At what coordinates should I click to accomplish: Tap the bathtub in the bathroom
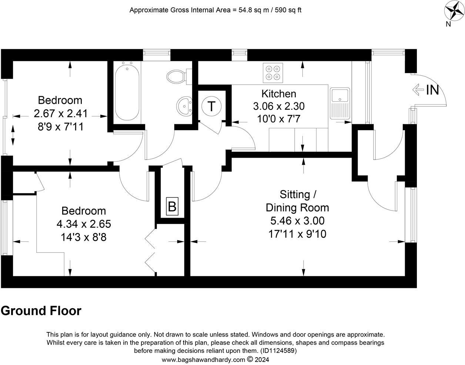tap(127, 91)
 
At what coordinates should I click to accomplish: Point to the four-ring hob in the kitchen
tap(272, 73)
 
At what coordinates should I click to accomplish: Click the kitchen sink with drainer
tap(340, 103)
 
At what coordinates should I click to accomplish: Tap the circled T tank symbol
tap(211, 106)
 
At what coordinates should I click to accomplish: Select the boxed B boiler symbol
tap(172, 206)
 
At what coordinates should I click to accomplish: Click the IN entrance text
tap(432, 90)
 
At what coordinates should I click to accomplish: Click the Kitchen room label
tap(279, 94)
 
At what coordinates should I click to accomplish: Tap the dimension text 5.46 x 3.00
tap(297, 221)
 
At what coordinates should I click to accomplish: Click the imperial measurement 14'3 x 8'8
tap(84, 237)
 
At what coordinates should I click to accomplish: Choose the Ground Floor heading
tap(41, 310)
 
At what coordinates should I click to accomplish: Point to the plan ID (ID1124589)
tap(278, 351)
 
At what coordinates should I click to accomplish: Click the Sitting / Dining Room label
tap(297, 201)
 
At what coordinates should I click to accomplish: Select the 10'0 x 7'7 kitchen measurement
tap(279, 119)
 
